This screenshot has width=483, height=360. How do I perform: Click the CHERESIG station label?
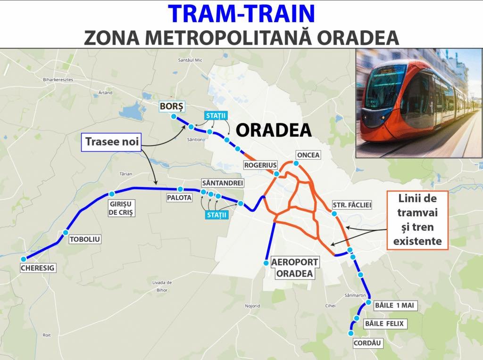[x=38, y=268]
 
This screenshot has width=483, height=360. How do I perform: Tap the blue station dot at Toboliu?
[x=66, y=233]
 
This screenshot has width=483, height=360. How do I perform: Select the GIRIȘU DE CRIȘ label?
[x=122, y=208]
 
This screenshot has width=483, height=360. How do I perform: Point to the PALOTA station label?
[x=179, y=198]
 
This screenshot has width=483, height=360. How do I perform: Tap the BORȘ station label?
[x=173, y=106]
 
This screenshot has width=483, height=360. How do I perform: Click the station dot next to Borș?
[x=174, y=116]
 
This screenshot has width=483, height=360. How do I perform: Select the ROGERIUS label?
[x=259, y=165]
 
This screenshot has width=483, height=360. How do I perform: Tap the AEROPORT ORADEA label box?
[x=292, y=268]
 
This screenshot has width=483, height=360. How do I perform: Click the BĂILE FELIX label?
[x=385, y=324]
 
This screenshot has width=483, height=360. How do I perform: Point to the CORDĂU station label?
[x=367, y=344]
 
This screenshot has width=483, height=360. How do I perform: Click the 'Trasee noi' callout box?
[x=112, y=141]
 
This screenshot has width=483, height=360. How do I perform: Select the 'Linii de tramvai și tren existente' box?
[x=415, y=220]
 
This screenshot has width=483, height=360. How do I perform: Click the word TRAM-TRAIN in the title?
[x=241, y=14]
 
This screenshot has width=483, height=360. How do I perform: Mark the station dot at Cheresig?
[x=24, y=259]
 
